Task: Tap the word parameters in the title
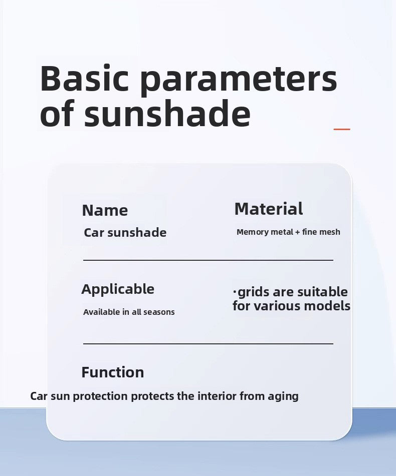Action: [x=238, y=79]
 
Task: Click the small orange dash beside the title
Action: [x=342, y=129]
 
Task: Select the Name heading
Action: [x=105, y=210]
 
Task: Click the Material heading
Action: [x=268, y=209]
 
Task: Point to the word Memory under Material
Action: [x=252, y=232]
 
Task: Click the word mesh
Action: [x=329, y=232]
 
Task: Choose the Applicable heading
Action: [x=118, y=289]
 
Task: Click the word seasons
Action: [x=159, y=312]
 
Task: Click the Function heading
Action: [x=112, y=372]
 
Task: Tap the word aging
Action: [x=283, y=397]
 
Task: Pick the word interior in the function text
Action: [x=217, y=396]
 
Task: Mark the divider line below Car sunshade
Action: [x=208, y=260]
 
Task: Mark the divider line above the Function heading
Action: [x=208, y=344]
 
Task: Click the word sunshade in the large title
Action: [x=167, y=115]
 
